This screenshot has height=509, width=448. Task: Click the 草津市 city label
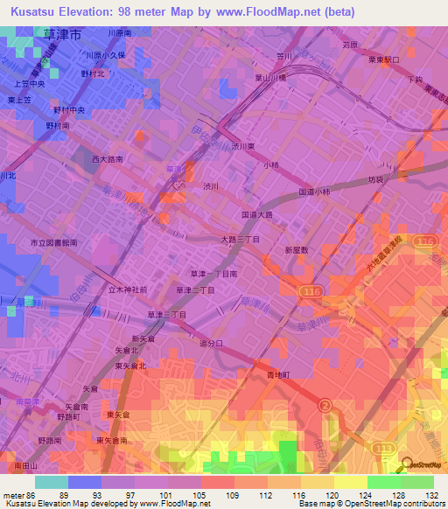62,35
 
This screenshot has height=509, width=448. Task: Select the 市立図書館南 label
54,242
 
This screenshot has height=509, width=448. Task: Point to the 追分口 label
212,344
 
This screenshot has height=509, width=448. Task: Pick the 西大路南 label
108,160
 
